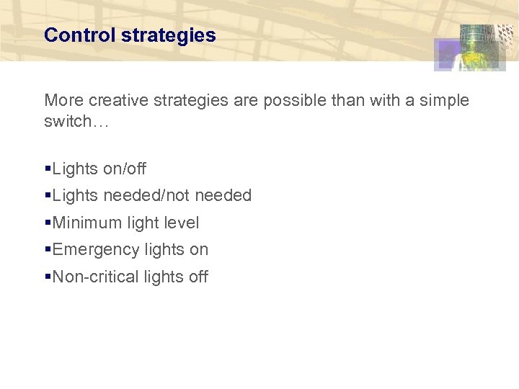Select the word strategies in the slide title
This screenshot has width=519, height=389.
(169, 35)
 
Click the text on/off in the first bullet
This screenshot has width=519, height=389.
(125, 169)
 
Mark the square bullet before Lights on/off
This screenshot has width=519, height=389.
(48, 169)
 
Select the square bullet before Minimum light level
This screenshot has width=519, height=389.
(48, 223)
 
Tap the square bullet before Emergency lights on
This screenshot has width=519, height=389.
(48, 250)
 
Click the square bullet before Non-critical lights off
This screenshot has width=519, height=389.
(48, 277)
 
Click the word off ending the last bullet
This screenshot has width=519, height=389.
(198, 277)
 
